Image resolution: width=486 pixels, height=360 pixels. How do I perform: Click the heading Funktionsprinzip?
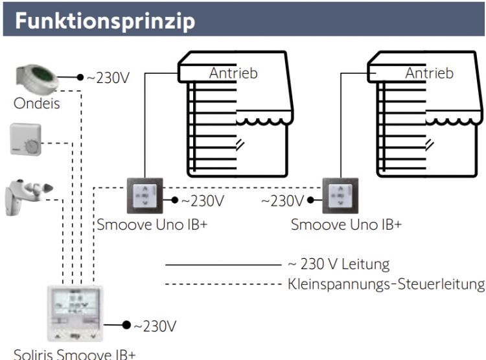point(106,21)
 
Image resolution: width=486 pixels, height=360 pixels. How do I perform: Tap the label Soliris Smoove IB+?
point(75,354)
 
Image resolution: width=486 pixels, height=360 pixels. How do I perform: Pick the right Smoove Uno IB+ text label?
point(346,226)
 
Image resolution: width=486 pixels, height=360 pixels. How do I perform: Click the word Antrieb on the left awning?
point(233,73)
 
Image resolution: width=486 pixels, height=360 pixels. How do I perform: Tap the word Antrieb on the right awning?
point(429,73)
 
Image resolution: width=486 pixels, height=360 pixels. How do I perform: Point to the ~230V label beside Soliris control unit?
point(154,325)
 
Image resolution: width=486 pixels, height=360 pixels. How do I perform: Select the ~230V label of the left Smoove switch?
point(203,201)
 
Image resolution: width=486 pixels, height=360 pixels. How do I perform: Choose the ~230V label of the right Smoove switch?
point(283,201)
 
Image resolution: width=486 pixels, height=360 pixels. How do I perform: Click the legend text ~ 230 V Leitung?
point(338,264)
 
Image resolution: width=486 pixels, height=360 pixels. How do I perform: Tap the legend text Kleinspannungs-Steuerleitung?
point(386,283)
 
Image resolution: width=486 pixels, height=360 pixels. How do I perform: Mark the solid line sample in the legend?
point(221,265)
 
